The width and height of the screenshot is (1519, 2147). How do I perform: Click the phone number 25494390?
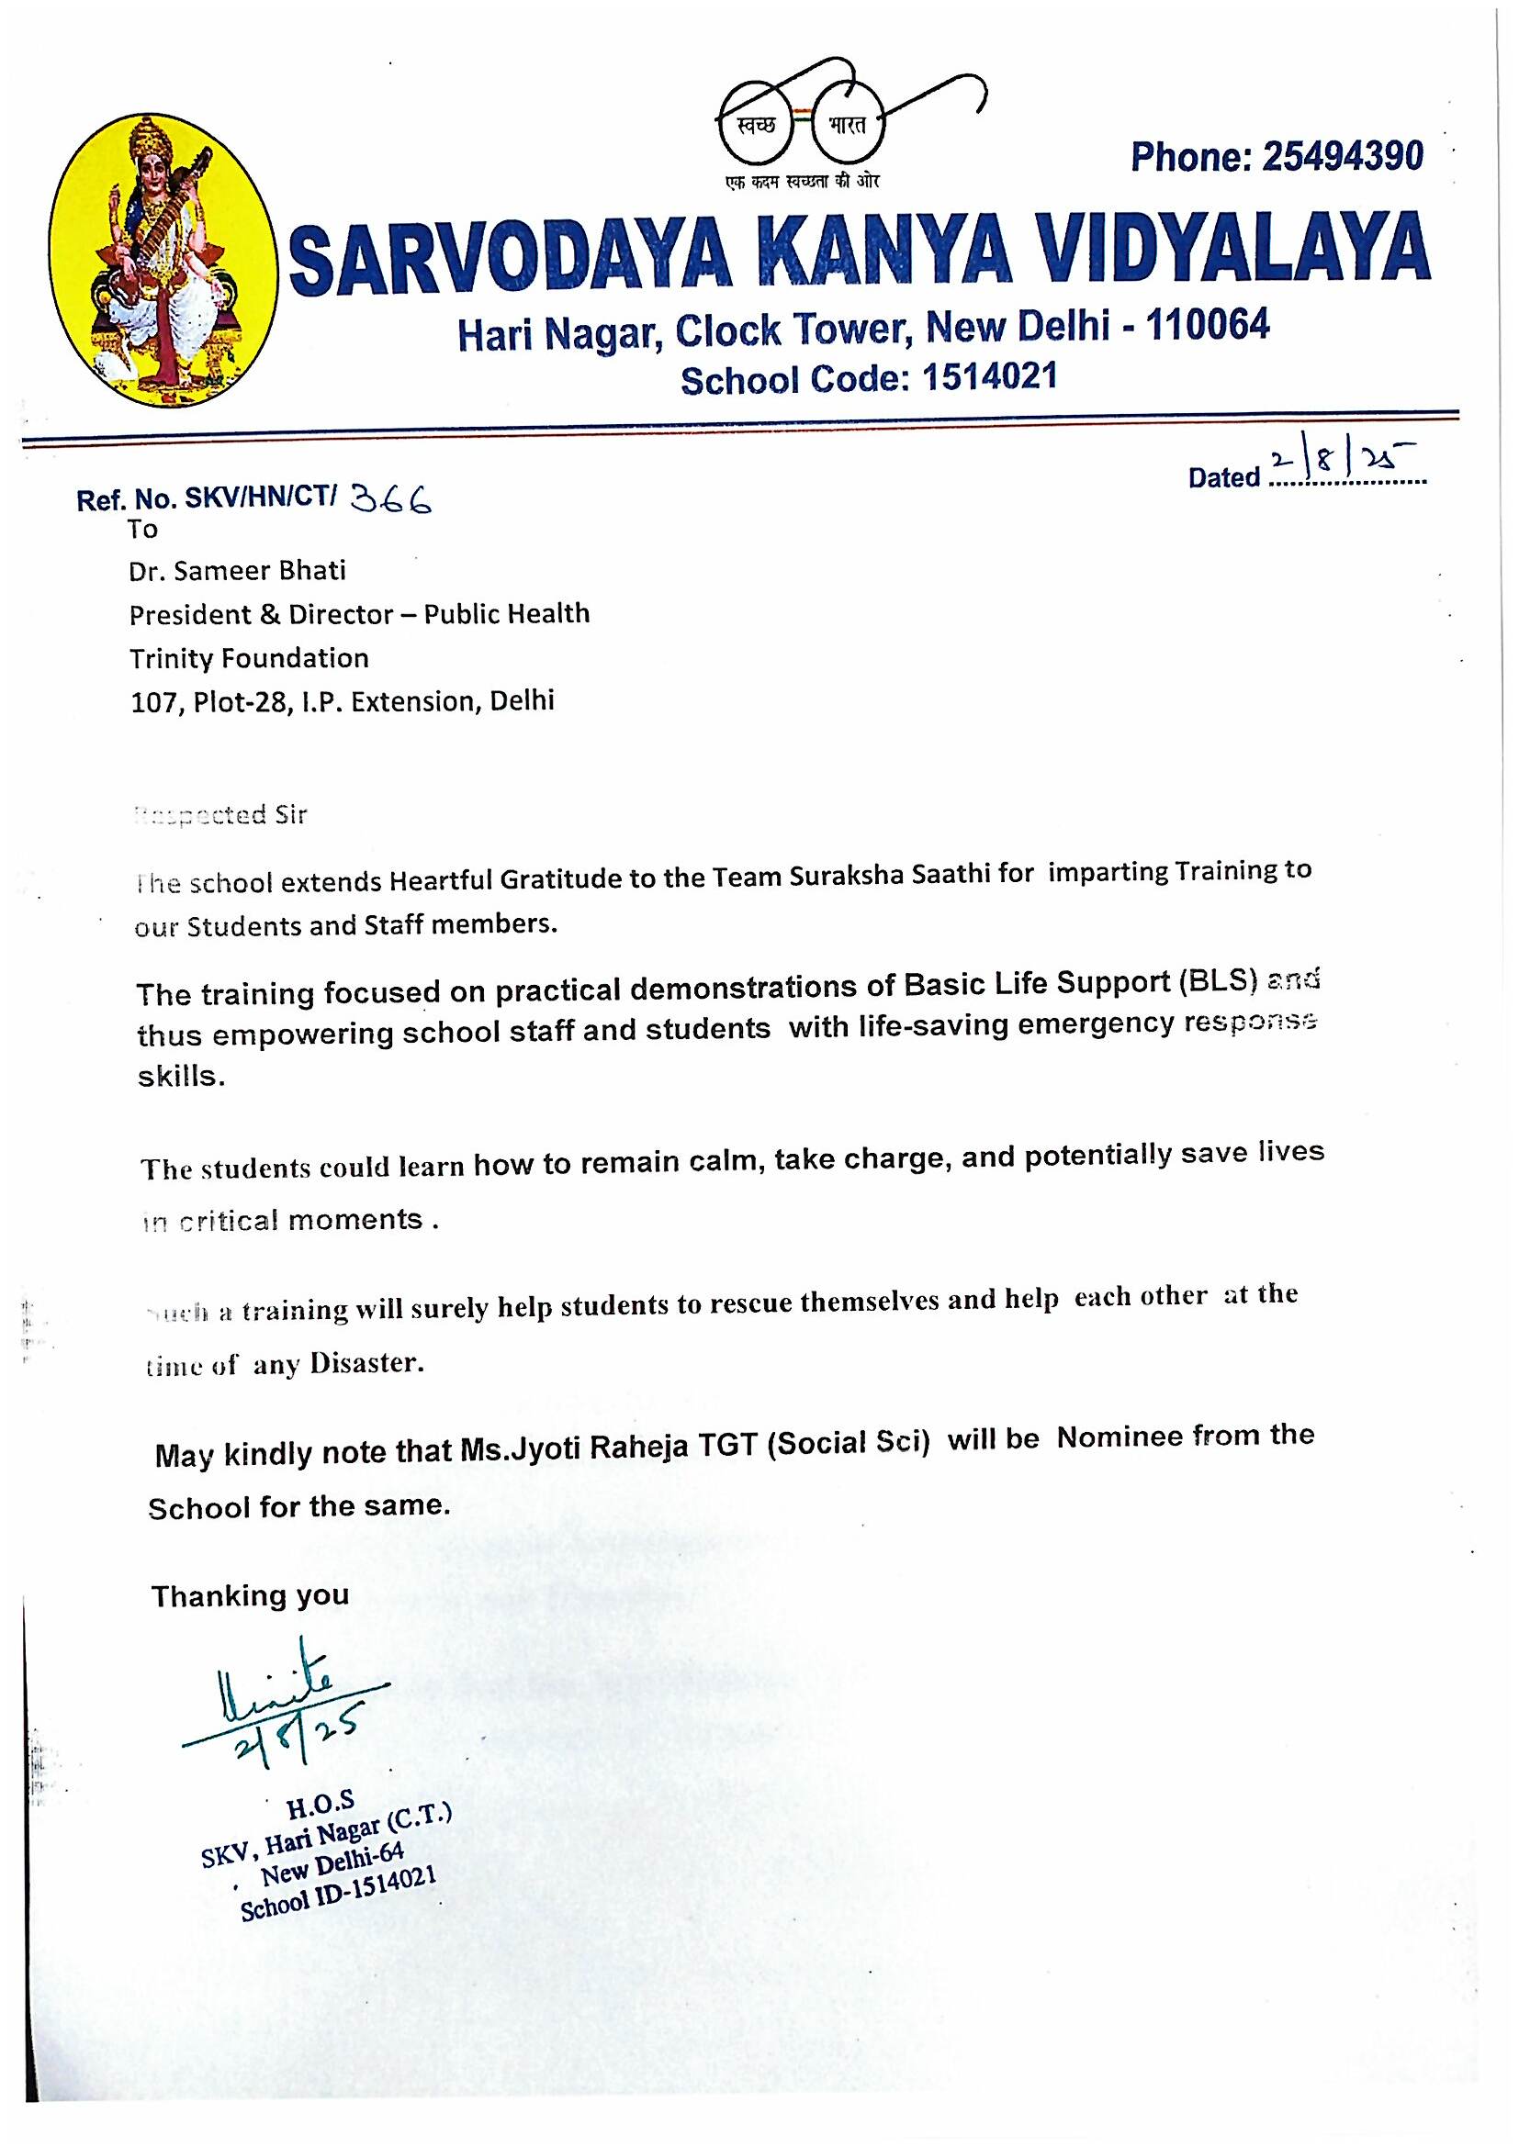[x=1343, y=156]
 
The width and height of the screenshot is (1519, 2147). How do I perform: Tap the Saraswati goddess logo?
[x=162, y=260]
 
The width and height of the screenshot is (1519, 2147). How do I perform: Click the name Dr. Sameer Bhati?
[x=238, y=570]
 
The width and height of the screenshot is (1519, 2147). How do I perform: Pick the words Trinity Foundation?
[x=249, y=658]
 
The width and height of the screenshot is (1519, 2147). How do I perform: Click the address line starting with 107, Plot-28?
[x=342, y=701]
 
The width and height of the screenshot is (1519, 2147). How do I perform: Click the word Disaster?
[x=366, y=1363]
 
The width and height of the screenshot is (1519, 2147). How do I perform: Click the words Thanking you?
[x=250, y=1595]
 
